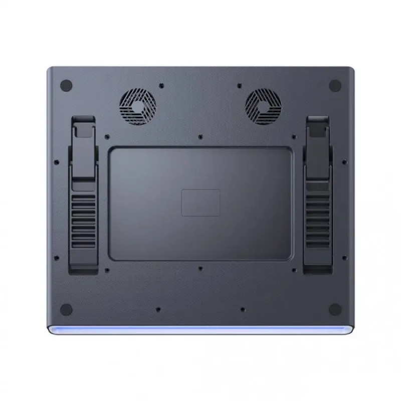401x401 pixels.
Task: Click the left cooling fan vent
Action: click(x=137, y=106)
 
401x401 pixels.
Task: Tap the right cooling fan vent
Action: click(x=263, y=106)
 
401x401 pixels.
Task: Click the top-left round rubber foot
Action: click(x=66, y=85)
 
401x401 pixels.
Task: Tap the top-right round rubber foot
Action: click(x=335, y=85)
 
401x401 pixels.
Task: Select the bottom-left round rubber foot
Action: click(x=66, y=309)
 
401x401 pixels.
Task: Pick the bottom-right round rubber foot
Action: click(x=335, y=309)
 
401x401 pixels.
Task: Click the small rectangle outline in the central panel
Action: click(x=200, y=203)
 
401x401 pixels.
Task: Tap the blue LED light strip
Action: click(x=200, y=329)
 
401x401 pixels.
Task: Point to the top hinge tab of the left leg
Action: click(x=83, y=125)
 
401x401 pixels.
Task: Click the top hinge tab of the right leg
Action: click(x=318, y=125)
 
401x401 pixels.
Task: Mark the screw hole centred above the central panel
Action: click(x=200, y=136)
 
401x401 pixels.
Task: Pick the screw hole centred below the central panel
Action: click(x=200, y=269)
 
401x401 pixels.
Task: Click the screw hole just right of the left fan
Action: click(x=161, y=85)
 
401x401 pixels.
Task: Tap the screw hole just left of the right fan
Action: click(x=239, y=85)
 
